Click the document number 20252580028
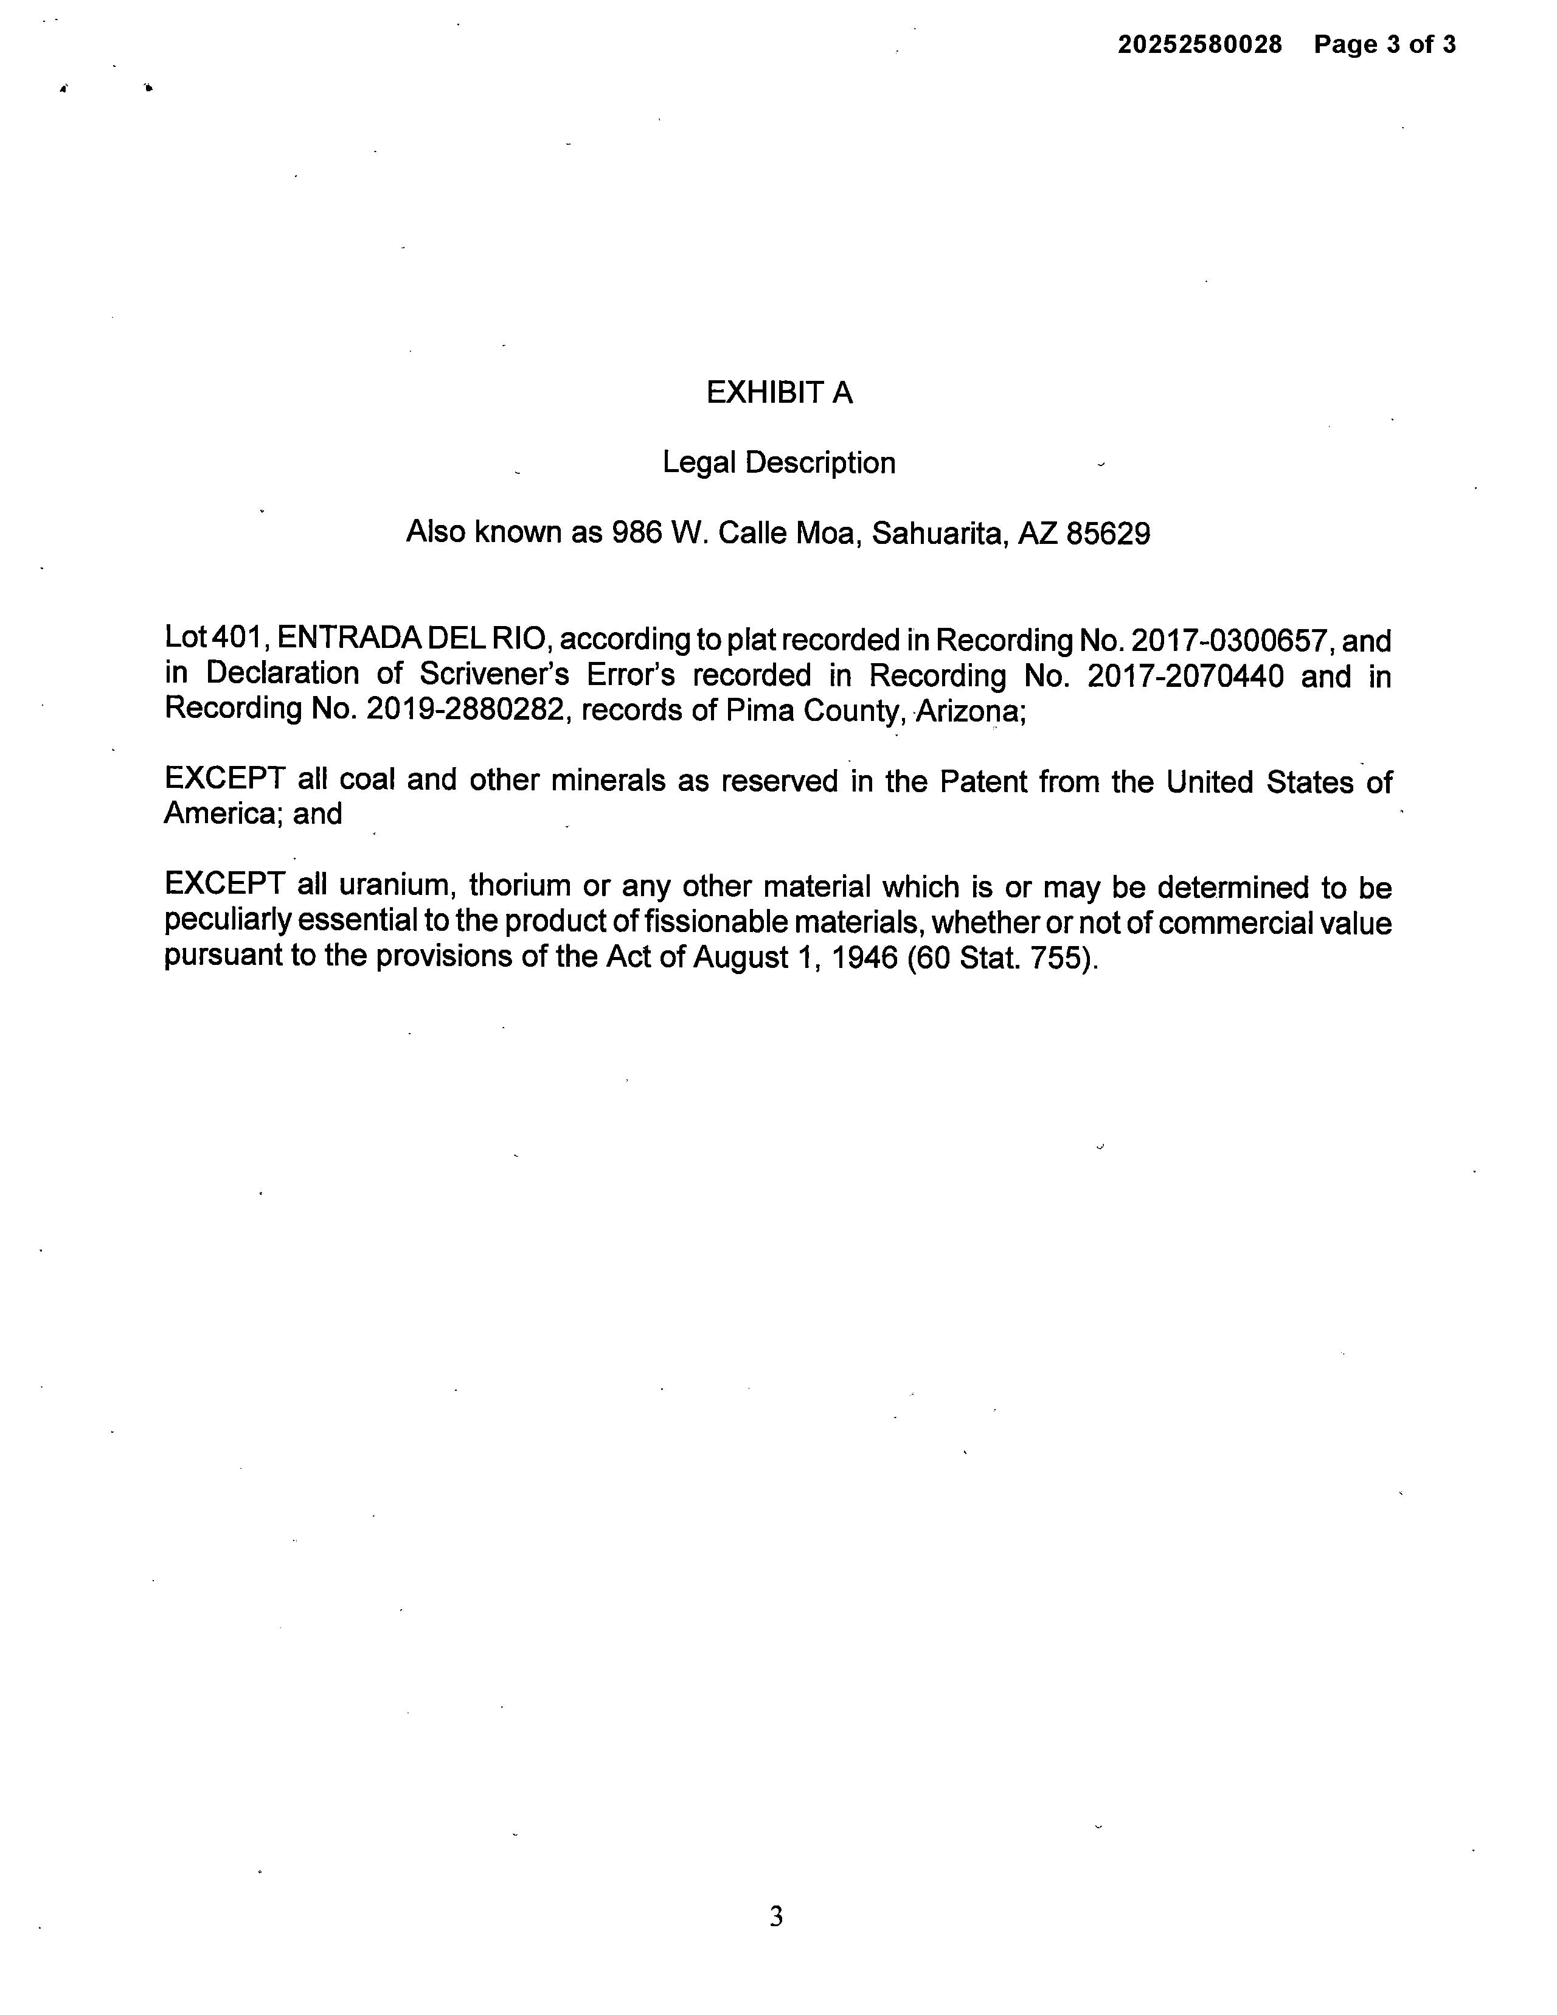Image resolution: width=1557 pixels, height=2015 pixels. (1199, 44)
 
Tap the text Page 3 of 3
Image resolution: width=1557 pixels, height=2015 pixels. (1384, 44)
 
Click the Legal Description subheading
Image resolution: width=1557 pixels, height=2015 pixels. (778, 462)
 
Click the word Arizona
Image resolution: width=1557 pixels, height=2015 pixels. (968, 711)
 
